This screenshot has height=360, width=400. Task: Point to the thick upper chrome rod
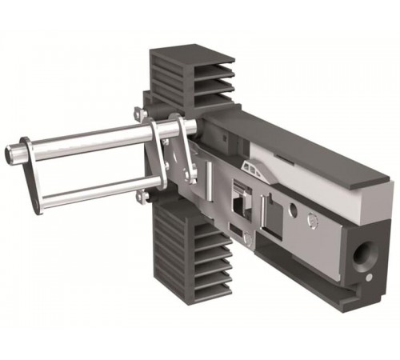88,141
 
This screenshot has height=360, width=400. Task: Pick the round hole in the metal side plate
293,210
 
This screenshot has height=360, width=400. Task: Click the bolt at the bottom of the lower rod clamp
142,196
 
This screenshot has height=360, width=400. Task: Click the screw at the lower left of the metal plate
249,240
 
